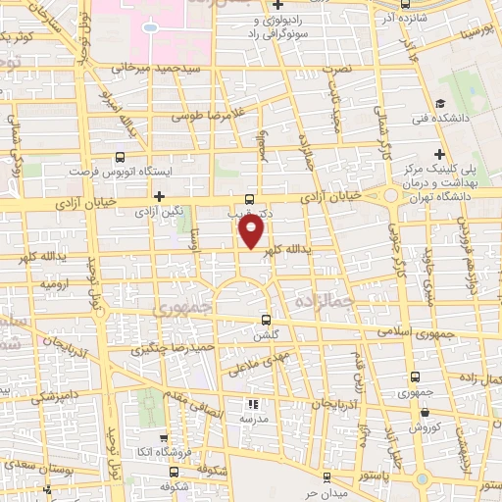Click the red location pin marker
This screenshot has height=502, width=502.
tap(252, 231)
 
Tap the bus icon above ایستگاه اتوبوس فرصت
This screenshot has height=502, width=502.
tap(120, 156)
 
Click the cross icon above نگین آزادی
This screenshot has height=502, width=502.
tap(158, 196)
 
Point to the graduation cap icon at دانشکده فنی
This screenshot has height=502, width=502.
tap(441, 103)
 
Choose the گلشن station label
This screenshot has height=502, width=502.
tap(269, 335)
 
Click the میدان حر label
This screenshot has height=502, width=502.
tap(326, 493)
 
